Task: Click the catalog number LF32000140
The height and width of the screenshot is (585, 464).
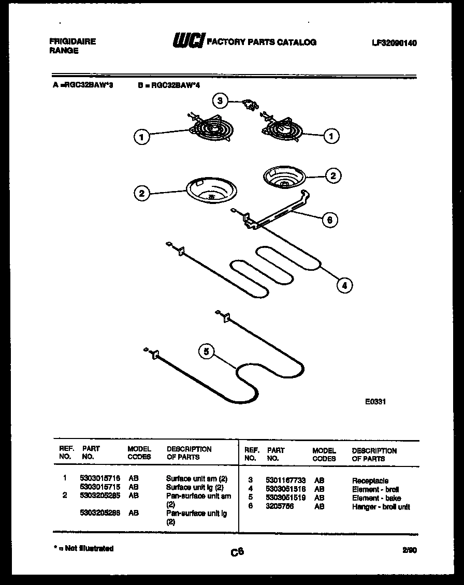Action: coord(394,43)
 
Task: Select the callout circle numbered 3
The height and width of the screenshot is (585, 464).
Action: coord(221,100)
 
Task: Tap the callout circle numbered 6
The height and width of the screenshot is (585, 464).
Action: coord(329,220)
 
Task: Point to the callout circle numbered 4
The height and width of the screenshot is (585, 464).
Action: coord(344,284)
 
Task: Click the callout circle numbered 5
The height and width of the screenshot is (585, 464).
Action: coord(207,352)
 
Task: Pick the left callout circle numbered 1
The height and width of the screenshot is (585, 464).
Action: coord(141,137)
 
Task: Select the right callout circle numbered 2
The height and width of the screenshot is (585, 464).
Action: coord(333,175)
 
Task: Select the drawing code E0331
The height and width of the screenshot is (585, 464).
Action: coord(375,401)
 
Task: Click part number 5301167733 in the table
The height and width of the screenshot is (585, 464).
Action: coord(284,481)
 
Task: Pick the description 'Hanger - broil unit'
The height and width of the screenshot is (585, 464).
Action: coord(381,507)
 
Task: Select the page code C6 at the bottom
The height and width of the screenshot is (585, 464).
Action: coord(237,552)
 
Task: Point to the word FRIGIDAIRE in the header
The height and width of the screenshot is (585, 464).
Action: coord(72,41)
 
